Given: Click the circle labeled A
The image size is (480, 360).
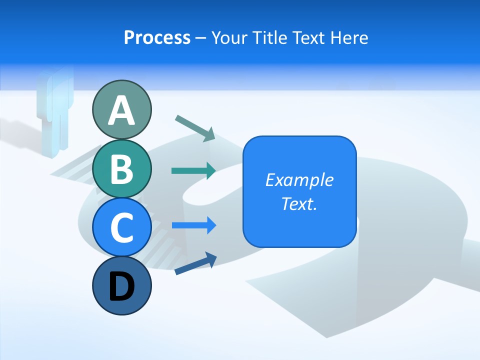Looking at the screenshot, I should (x=121, y=109).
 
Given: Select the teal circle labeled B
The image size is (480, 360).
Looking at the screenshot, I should (x=121, y=168).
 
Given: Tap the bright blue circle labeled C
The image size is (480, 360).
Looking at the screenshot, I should (x=121, y=227).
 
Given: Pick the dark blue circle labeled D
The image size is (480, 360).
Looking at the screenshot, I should (x=121, y=285).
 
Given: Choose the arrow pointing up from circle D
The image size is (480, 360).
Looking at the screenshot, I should (x=195, y=263).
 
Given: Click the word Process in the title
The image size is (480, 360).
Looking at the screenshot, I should (x=157, y=38).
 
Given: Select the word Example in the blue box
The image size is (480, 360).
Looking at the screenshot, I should (x=299, y=180).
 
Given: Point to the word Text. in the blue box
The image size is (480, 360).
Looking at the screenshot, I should (x=299, y=203).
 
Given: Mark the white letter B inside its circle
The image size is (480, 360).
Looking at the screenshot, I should (x=121, y=168).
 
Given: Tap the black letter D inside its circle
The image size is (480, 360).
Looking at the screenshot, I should (x=121, y=286).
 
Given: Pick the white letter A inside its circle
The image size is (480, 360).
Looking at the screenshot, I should (x=121, y=110).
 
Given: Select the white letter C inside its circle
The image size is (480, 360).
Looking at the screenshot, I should (x=121, y=227).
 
